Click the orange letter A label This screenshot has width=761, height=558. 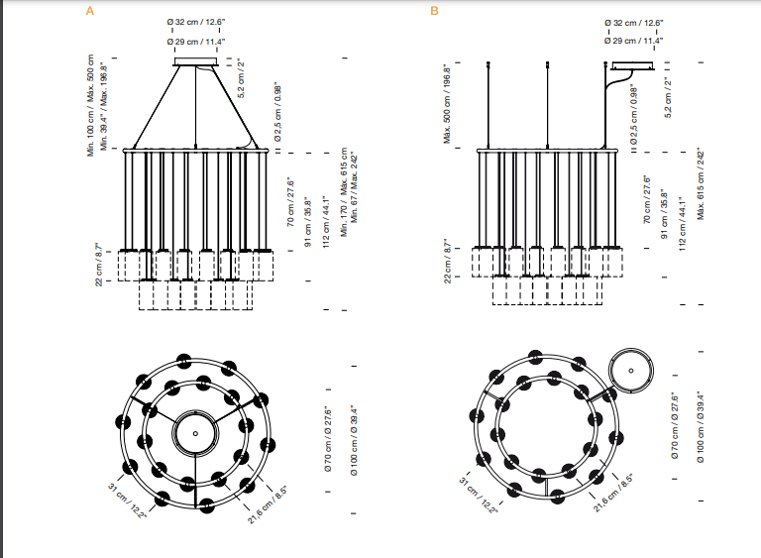[90, 11]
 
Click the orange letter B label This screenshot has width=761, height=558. [434, 11]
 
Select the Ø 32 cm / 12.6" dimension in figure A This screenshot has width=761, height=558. [198, 21]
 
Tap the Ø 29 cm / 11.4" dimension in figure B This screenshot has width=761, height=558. [634, 41]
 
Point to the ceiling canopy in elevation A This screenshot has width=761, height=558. [198, 64]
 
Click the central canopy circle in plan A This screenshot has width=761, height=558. [195, 433]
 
